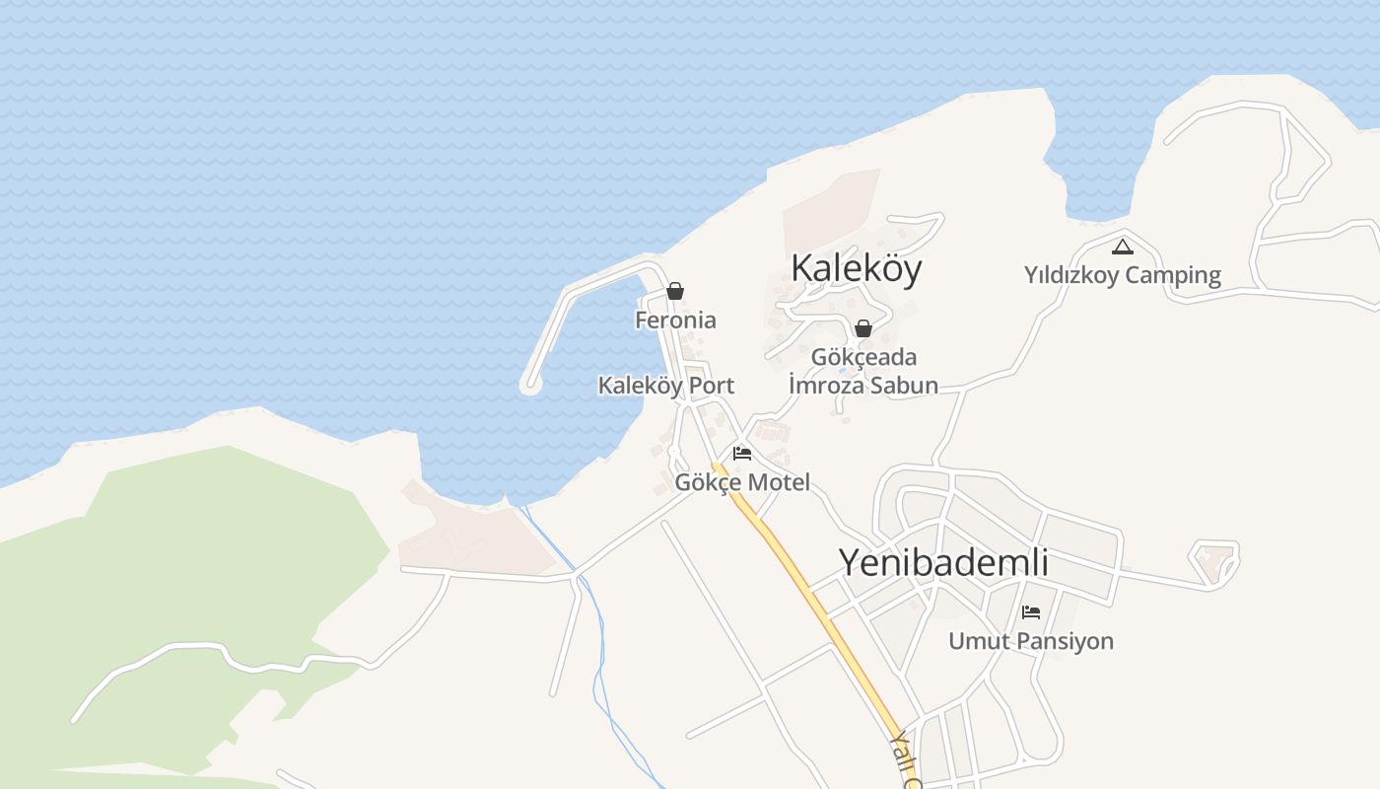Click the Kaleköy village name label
(x=856, y=268)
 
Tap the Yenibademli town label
(x=943, y=562)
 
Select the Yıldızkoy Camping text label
(x=1122, y=275)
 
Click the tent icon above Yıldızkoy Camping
(x=1122, y=247)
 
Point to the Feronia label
(x=675, y=321)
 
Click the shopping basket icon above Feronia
(x=675, y=291)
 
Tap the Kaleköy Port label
(x=666, y=386)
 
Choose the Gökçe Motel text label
(x=742, y=482)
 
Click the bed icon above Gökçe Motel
(x=742, y=453)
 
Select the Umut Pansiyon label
(x=1031, y=641)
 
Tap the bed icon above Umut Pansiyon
(x=1031, y=611)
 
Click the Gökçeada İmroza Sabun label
(x=863, y=371)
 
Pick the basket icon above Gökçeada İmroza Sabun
(x=863, y=327)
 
